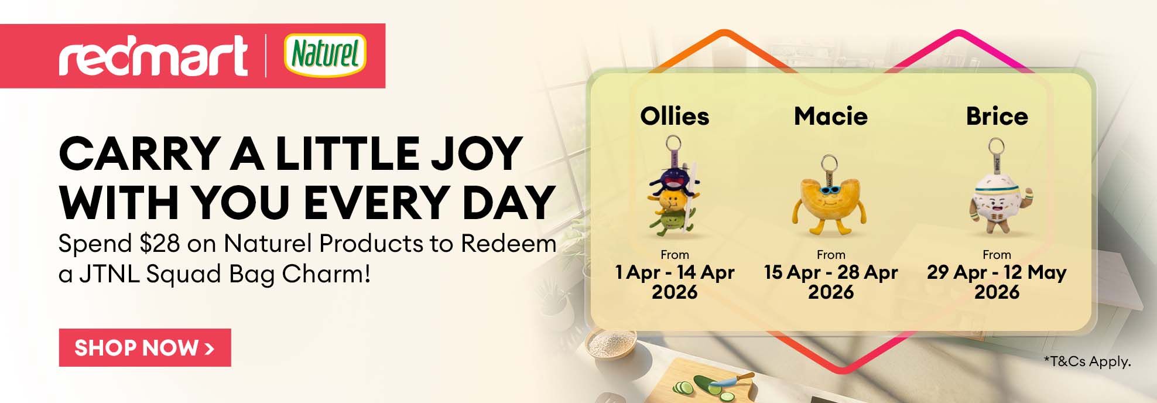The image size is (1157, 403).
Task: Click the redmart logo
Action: click(153, 56)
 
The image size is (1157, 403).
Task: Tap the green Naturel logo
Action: click(326, 56)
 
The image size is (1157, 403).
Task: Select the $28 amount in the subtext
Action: click(160, 244)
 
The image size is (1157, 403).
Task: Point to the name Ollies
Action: click(675, 116)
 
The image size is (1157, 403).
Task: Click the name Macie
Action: click(831, 116)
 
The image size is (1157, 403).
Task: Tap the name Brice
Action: click(997, 116)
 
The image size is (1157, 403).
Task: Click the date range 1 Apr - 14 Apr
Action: click(675, 272)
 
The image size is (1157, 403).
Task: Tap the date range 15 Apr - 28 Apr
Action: click(831, 272)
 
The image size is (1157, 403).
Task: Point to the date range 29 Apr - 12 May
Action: click(997, 272)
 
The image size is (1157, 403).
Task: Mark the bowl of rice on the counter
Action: click(611, 343)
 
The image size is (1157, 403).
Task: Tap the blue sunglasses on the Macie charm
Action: click(829, 189)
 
